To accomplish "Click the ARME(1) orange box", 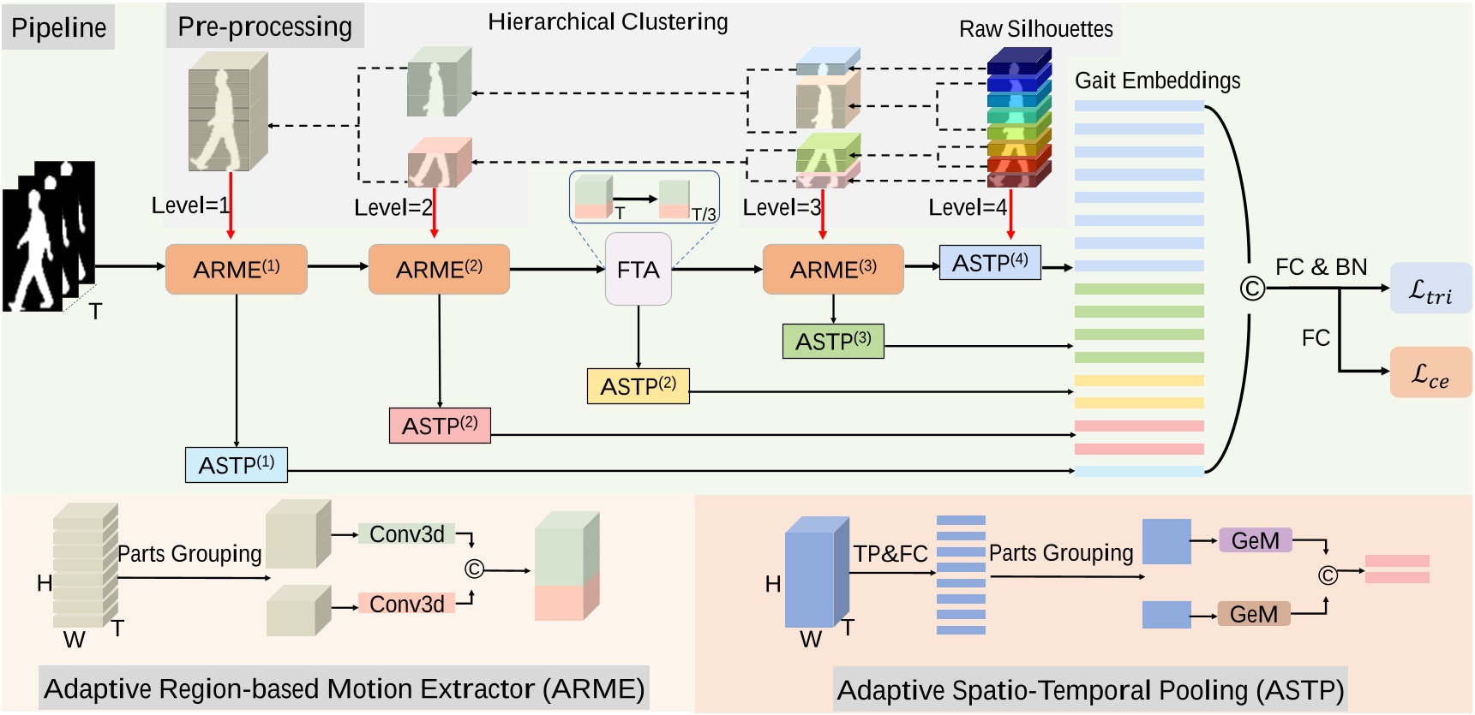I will pyautogui.click(x=236, y=270).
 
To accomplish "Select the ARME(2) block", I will pyautogui.click(x=439, y=270).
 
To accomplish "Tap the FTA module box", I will pyautogui.click(x=638, y=270).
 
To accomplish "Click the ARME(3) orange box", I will pyautogui.click(x=833, y=270).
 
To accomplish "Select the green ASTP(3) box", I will pyautogui.click(x=833, y=342).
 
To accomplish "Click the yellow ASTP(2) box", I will pyautogui.click(x=638, y=386).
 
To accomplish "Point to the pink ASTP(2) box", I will pyautogui.click(x=440, y=426).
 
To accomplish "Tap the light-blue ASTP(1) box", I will pyautogui.click(x=236, y=465).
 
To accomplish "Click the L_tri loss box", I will pyautogui.click(x=1430, y=289).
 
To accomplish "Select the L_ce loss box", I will pyautogui.click(x=1430, y=372).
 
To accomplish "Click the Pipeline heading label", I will pyautogui.click(x=58, y=27).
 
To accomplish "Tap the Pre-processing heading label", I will pyautogui.click(x=265, y=27).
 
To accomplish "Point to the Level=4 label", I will pyautogui.click(x=967, y=207).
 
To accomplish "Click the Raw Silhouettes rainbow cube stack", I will pyautogui.click(x=1018, y=117).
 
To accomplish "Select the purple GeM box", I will pyautogui.click(x=1255, y=540).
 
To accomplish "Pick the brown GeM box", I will pyautogui.click(x=1253, y=614).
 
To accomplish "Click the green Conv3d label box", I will pyautogui.click(x=406, y=534).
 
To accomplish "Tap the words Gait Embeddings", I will pyautogui.click(x=1157, y=80).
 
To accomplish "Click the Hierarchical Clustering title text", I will pyautogui.click(x=608, y=21).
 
